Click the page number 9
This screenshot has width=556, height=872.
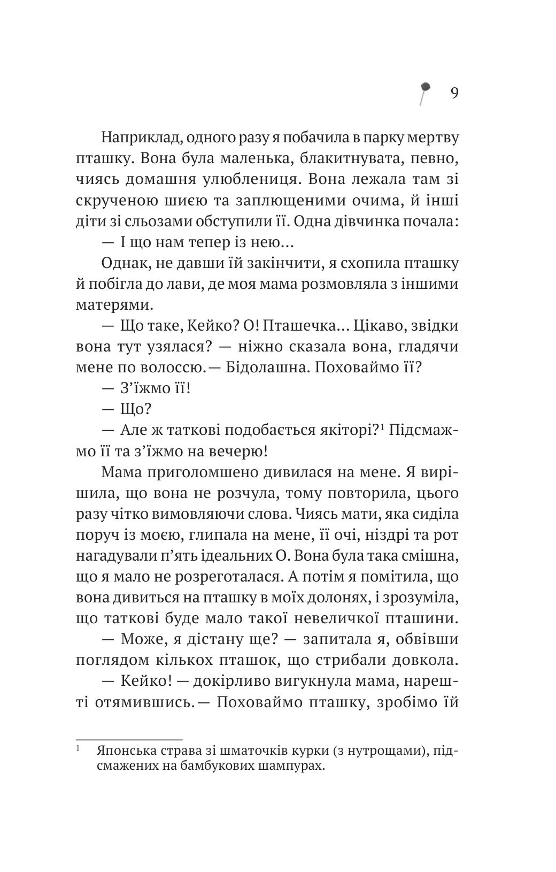[454, 94]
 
